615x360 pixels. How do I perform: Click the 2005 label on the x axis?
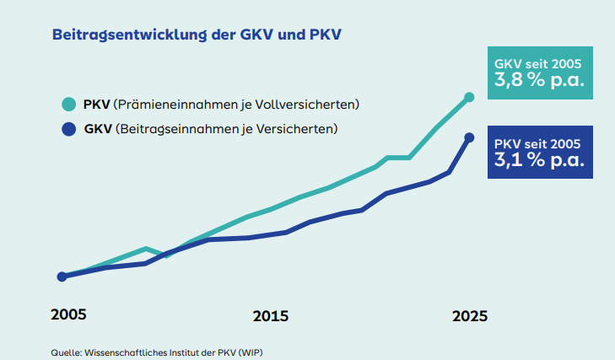68,314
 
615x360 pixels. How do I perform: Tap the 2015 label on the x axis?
270,317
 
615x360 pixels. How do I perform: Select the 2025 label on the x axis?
470,317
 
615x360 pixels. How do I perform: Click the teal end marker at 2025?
470,97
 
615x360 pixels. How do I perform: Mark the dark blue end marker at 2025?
470,137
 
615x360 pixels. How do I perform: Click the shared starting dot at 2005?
62,277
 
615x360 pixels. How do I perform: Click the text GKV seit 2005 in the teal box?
537,63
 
